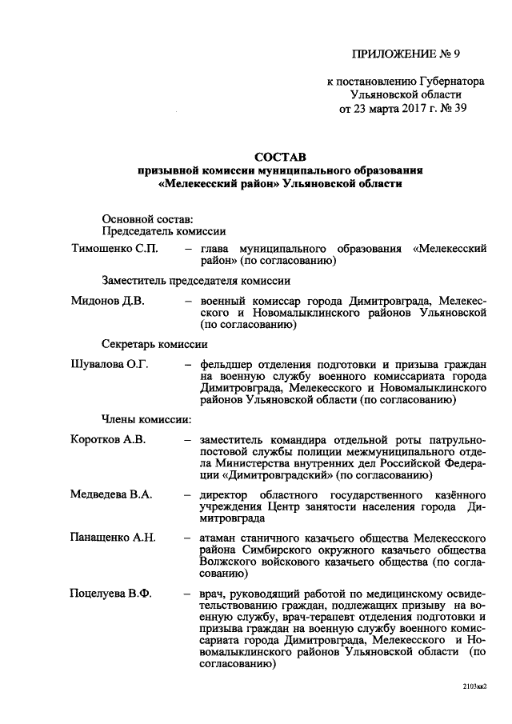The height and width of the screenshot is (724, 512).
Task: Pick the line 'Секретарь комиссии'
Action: tap(155, 344)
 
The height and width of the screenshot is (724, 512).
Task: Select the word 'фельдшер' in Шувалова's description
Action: tap(227, 365)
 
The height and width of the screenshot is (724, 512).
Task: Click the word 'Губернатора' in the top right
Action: tap(451, 82)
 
